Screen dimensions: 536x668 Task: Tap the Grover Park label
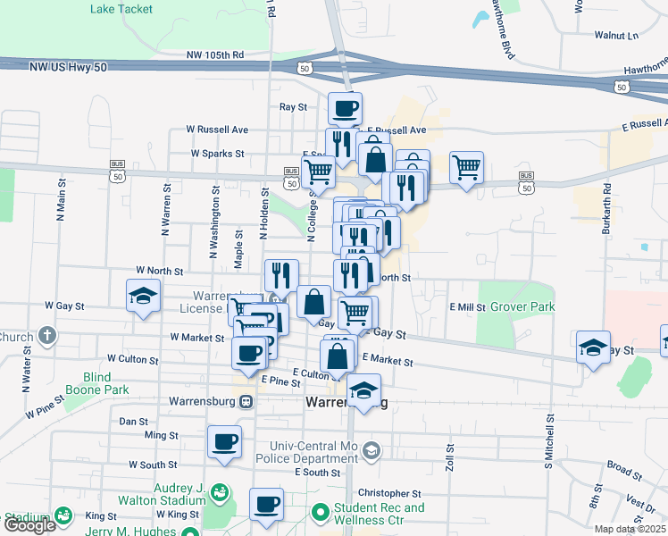(x=530, y=306)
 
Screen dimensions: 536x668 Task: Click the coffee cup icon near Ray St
(x=345, y=110)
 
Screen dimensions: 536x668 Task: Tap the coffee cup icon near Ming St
(x=224, y=440)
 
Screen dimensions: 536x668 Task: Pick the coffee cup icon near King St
(x=266, y=505)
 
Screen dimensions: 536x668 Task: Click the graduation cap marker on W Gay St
(x=142, y=297)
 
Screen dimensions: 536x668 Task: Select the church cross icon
(x=46, y=337)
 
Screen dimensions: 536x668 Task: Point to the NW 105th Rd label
(x=215, y=55)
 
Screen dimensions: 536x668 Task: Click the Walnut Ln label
(x=617, y=36)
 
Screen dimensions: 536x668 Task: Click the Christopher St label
(x=389, y=493)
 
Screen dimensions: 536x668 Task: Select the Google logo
(x=29, y=526)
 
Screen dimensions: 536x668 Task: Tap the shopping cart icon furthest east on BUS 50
(x=465, y=166)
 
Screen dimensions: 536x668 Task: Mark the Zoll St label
(x=451, y=456)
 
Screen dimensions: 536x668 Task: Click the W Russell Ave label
(x=217, y=130)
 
